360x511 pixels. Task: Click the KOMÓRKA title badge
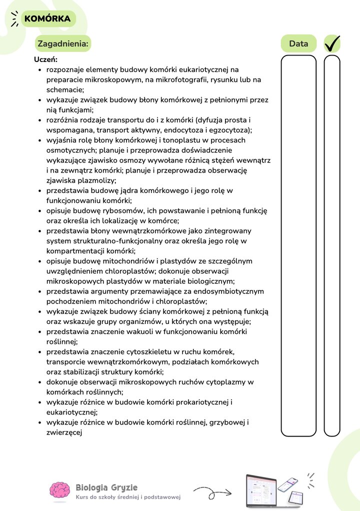(x=47, y=19)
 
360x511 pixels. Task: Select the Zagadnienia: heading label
(x=63, y=44)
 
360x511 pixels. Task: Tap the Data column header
(x=298, y=44)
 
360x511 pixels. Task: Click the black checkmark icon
(x=332, y=43)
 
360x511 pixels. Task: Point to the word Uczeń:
(x=45, y=59)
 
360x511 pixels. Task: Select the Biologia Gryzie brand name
(x=106, y=487)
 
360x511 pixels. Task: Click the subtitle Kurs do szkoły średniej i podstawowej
(x=128, y=497)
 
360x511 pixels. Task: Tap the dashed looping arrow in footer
(x=212, y=492)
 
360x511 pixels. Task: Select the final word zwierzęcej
(x=64, y=433)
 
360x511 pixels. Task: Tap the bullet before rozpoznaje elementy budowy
(x=40, y=69)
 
